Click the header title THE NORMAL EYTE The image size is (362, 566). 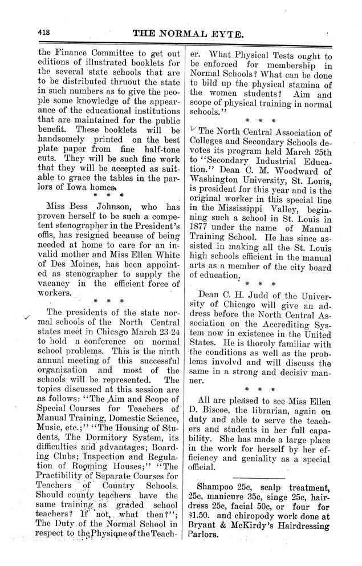(188, 34)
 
